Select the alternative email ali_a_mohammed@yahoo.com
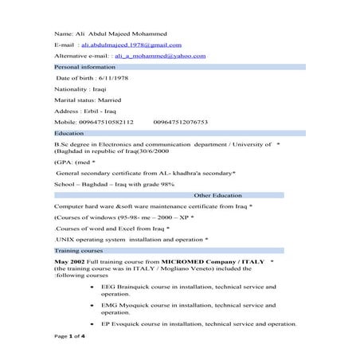tap(160, 57)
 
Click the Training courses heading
tap(75, 250)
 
